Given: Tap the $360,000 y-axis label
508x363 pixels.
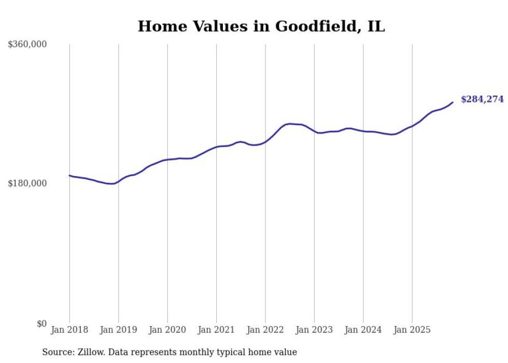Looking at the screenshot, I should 27,45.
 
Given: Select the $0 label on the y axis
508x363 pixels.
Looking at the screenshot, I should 41,324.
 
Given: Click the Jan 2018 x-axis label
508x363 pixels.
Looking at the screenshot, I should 69,330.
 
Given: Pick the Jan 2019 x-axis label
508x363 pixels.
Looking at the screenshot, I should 119,330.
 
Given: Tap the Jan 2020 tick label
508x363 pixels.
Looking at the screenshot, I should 167,330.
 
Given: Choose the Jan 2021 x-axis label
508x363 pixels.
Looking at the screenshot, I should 216,330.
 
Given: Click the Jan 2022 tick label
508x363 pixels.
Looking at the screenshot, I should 265,330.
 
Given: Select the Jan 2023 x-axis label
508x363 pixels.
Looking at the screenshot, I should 314,330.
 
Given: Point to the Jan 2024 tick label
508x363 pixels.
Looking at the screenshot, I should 363,330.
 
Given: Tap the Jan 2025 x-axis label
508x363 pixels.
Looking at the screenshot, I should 412,330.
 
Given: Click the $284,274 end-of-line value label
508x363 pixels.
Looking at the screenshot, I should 482,99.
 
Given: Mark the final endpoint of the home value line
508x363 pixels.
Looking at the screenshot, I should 453,102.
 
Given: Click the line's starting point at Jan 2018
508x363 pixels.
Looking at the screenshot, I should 69,176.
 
